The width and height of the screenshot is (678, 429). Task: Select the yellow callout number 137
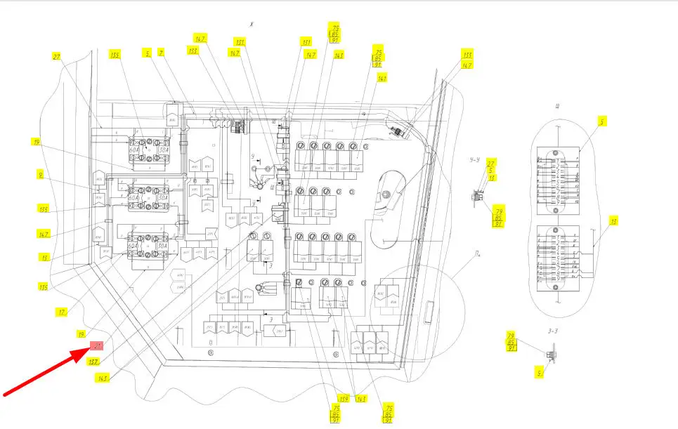[93, 361]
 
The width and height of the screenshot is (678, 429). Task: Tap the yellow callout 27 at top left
[57, 55]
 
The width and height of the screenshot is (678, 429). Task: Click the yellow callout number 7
[161, 52]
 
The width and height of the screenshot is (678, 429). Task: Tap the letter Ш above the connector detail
[556, 107]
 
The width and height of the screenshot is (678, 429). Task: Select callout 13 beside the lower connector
[614, 222]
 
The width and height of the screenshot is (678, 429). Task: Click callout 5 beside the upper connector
[602, 121]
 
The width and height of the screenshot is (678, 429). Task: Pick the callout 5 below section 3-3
[540, 374]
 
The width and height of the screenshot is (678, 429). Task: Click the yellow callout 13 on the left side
[45, 258]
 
